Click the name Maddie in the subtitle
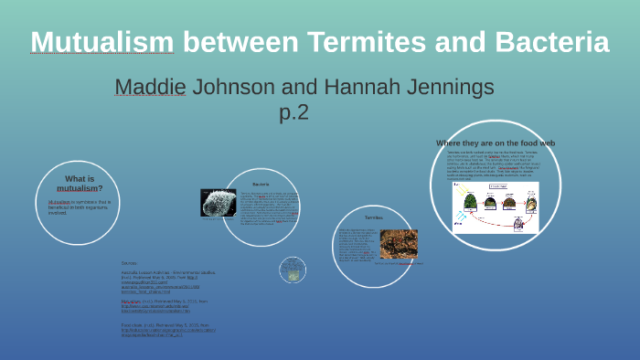150,88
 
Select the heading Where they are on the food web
496,143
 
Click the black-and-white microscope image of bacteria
218,202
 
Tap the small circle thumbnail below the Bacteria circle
293,269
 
